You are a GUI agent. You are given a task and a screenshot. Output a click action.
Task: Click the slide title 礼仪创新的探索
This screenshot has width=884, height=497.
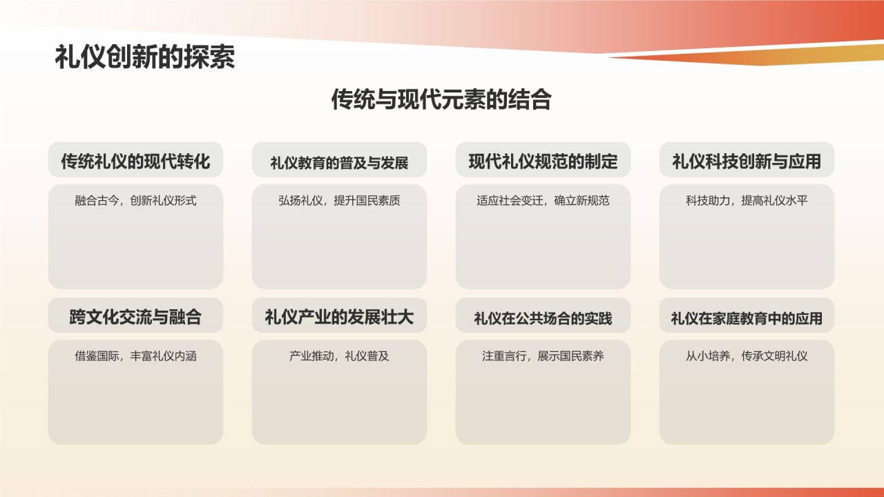pyautogui.click(x=145, y=58)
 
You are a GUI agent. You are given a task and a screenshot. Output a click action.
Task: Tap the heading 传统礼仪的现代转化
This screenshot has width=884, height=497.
pyautogui.click(x=135, y=162)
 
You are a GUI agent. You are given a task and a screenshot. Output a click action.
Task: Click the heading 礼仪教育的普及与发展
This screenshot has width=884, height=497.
pyautogui.click(x=339, y=163)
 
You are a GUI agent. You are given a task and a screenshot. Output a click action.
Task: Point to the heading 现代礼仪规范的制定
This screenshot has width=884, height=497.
pyautogui.click(x=543, y=162)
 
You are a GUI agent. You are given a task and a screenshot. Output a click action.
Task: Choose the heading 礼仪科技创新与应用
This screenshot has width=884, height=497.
pyautogui.click(x=747, y=162)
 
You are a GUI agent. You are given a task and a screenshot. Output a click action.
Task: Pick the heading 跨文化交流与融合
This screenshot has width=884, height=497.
pyautogui.click(x=135, y=317)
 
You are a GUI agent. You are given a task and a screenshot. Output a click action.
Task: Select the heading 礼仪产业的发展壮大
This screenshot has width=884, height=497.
pyautogui.click(x=339, y=317)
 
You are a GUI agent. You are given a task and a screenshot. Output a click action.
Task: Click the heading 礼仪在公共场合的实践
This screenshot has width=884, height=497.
pyautogui.click(x=543, y=318)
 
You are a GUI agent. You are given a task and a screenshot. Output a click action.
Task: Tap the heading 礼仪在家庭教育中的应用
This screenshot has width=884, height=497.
pyautogui.click(x=747, y=318)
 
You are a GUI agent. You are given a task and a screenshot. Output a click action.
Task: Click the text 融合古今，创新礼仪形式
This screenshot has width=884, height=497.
pyautogui.click(x=135, y=201)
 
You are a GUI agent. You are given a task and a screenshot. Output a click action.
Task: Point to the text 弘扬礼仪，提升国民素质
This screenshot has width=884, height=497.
pyautogui.click(x=339, y=201)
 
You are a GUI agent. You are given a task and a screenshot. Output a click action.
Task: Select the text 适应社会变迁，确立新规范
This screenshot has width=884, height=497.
pyautogui.click(x=543, y=201)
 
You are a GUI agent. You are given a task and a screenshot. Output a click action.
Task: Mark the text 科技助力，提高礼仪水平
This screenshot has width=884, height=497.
pyautogui.click(x=747, y=201)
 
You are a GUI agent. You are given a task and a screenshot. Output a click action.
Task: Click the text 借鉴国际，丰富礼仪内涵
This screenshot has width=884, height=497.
pyautogui.click(x=135, y=356)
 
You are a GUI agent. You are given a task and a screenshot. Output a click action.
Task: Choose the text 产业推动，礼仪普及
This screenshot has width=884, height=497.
pyautogui.click(x=339, y=356)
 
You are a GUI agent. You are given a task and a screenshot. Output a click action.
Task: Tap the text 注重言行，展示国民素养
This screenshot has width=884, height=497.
pyautogui.click(x=543, y=356)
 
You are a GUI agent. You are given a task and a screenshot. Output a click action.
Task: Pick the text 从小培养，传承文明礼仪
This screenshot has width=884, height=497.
pyautogui.click(x=747, y=356)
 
